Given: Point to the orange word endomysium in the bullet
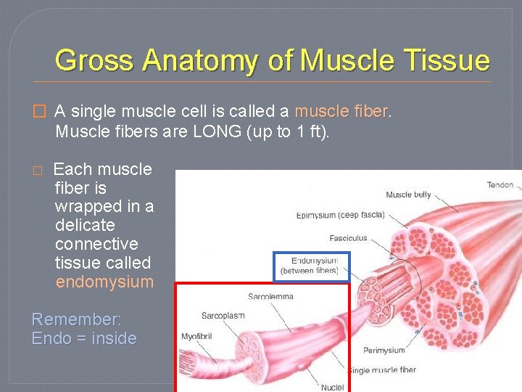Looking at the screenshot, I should pos(104,282).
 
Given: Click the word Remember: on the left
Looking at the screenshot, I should pos(77,319).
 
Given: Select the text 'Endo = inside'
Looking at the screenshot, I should pos(84,338).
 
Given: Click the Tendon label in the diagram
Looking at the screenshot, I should pos(500,185).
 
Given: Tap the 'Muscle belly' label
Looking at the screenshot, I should pos(408,195).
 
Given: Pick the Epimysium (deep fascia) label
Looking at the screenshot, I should pos(340,215).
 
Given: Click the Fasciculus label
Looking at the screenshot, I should pos(348,238).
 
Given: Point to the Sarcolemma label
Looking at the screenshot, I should pos(270,296).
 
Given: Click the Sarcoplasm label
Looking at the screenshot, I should pos(223,316).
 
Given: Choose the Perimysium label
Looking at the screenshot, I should pos(384,351).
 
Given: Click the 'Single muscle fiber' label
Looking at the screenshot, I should pos(384,370).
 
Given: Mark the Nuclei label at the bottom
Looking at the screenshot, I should pos(333,388).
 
